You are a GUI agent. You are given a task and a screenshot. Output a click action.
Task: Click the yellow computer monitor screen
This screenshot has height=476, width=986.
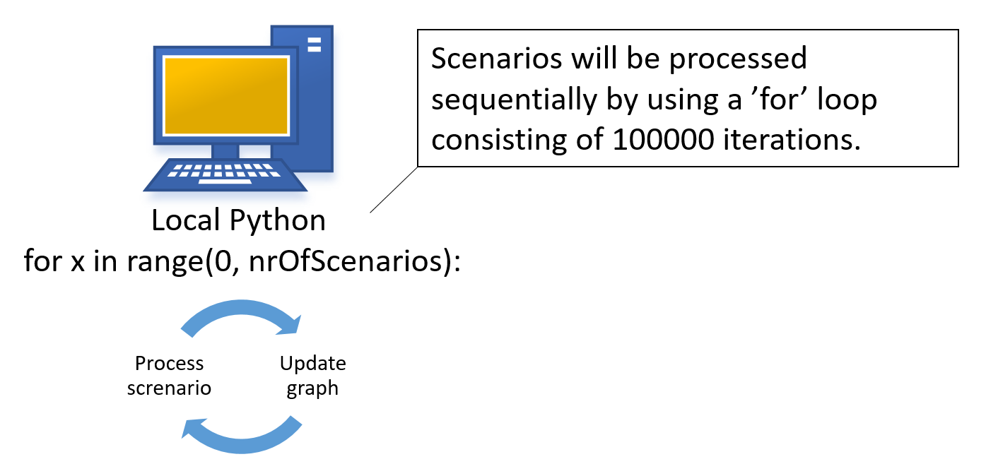click(225, 95)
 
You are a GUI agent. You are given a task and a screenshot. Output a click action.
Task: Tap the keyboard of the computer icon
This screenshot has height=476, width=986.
click(225, 174)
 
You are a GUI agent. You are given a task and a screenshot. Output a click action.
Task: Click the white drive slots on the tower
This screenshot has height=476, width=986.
click(314, 44)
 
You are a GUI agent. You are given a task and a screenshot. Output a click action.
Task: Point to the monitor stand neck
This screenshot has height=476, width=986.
click(225, 151)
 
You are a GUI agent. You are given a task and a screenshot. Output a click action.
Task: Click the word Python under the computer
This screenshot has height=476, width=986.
click(277, 221)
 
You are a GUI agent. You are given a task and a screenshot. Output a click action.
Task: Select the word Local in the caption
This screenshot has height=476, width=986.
click(186, 220)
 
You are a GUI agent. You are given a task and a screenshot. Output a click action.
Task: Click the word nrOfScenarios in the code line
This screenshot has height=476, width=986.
click(345, 261)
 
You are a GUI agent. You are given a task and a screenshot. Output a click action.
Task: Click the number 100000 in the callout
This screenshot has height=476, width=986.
click(662, 140)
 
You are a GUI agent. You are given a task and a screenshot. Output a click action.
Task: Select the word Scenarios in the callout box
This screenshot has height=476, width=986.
click(496, 58)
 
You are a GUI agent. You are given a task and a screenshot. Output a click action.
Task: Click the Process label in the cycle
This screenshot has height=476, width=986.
click(170, 364)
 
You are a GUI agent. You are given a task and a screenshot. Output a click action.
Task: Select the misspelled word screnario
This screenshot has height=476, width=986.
click(170, 388)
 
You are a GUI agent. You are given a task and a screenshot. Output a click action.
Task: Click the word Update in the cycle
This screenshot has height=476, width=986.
click(313, 364)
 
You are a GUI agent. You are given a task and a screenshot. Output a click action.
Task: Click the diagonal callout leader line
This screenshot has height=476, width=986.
click(394, 189)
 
